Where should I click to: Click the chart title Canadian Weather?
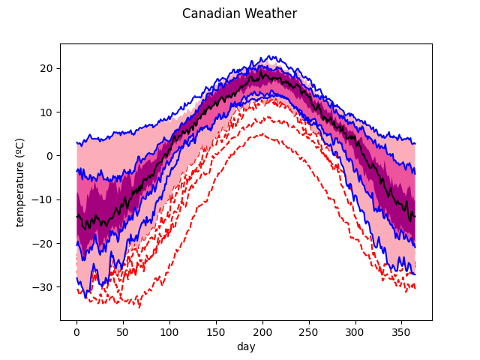point(239,13)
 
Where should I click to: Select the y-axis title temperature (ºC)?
point(20,181)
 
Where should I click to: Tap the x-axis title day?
point(246,347)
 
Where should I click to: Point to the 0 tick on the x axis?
point(76,331)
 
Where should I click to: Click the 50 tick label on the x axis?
point(123,331)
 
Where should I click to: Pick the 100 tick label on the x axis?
point(169,331)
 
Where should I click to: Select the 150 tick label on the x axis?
point(216,331)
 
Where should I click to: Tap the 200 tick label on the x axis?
point(262,331)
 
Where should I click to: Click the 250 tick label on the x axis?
point(309,331)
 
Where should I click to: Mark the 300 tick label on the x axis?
point(355,331)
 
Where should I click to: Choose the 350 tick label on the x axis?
point(402,331)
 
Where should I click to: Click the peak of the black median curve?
point(262,73)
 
